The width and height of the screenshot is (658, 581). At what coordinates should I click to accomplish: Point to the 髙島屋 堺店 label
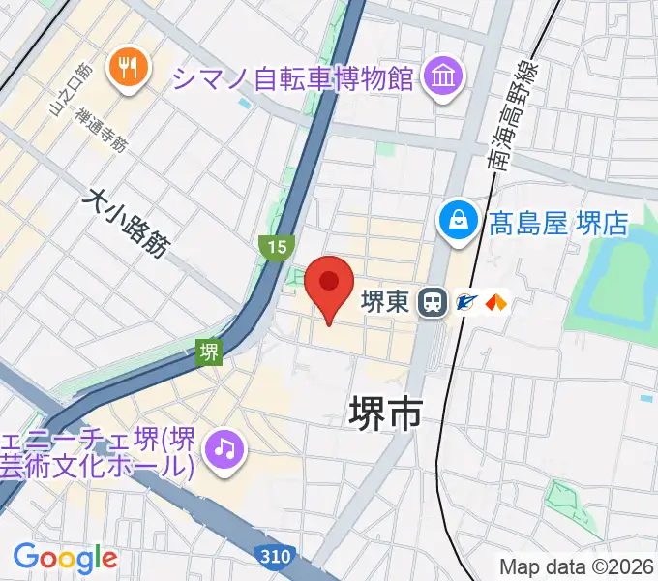[x=558, y=225]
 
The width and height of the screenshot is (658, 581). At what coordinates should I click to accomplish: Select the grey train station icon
[x=432, y=303]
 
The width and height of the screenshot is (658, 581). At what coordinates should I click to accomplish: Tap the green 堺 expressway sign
[x=209, y=352]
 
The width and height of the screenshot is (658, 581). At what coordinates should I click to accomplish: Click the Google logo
[x=65, y=558]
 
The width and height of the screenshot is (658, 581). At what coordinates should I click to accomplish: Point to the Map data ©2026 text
[x=577, y=566]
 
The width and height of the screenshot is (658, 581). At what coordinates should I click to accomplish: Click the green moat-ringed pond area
[x=610, y=281]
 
